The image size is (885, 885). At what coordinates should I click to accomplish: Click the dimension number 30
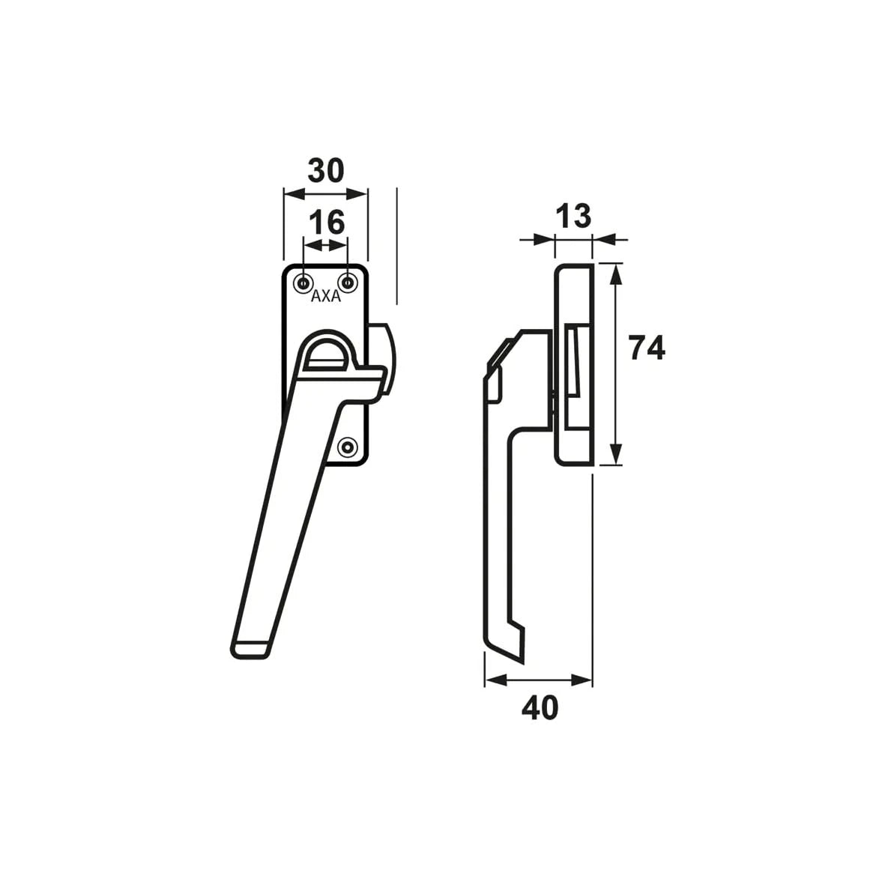(326, 170)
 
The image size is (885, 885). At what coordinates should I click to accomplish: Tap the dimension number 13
(573, 216)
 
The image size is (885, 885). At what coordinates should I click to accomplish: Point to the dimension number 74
(647, 348)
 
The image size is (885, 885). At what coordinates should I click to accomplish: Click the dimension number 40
(540, 707)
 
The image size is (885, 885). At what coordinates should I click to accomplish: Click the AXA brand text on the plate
(326, 297)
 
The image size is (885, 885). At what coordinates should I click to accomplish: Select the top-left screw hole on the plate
(305, 283)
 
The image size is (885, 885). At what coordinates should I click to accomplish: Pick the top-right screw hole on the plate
(348, 283)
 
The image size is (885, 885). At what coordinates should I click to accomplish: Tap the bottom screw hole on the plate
(348, 447)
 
